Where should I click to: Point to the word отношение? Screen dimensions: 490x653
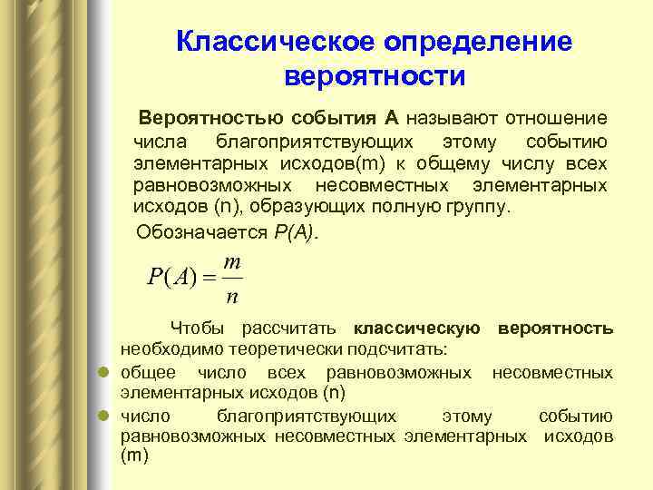[x=557, y=118]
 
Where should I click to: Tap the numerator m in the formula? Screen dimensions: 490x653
[x=231, y=261]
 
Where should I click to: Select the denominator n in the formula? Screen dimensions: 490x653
[x=232, y=295]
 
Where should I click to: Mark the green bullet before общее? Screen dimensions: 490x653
[x=104, y=372]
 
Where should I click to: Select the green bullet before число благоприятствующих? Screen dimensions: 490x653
[x=104, y=416]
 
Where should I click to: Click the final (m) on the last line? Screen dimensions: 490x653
[x=133, y=457]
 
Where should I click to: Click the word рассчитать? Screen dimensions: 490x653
[x=292, y=328]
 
